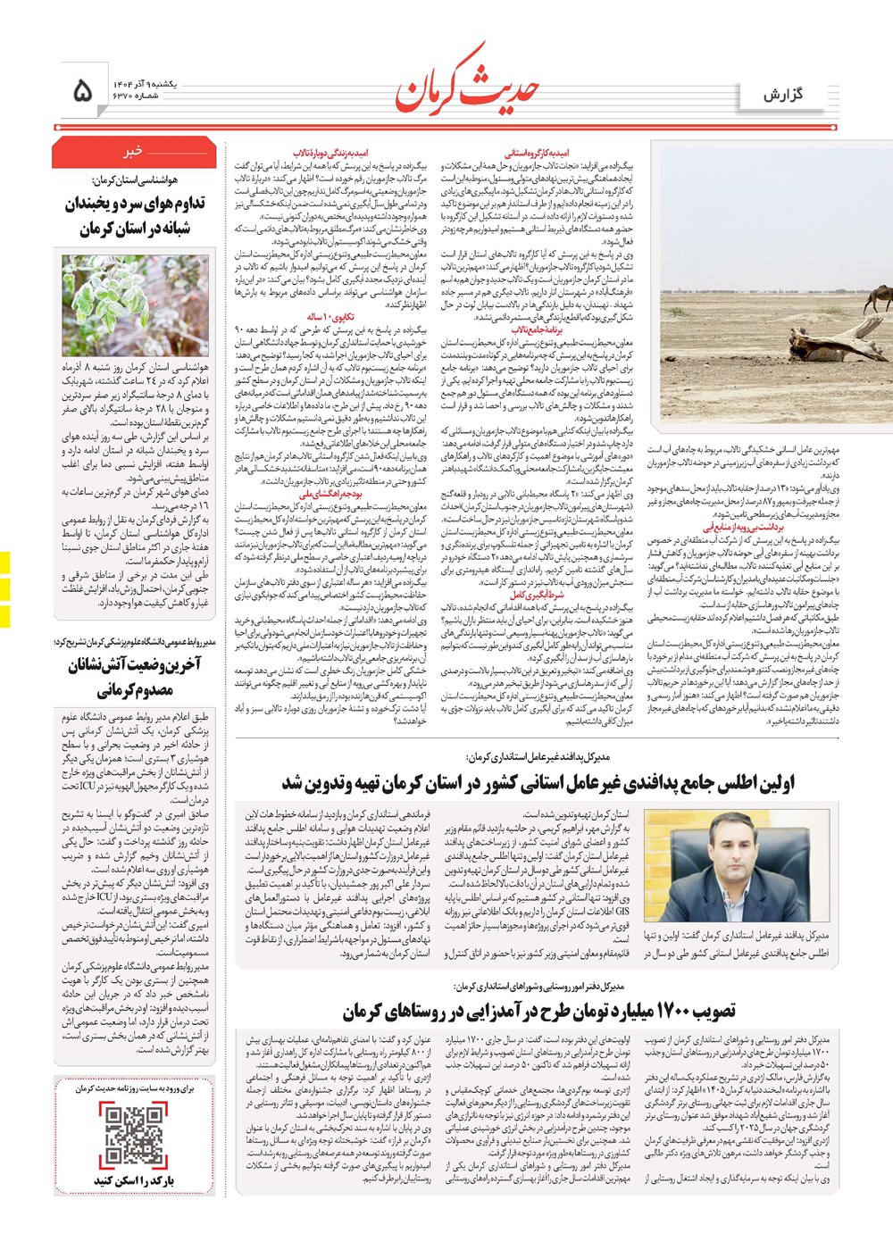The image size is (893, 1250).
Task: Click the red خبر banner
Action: (134, 152)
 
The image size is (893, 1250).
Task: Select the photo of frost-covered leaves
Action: (135, 305)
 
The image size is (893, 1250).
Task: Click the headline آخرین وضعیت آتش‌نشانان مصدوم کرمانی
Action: (135, 677)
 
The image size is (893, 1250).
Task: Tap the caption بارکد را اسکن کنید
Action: (134, 1180)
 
